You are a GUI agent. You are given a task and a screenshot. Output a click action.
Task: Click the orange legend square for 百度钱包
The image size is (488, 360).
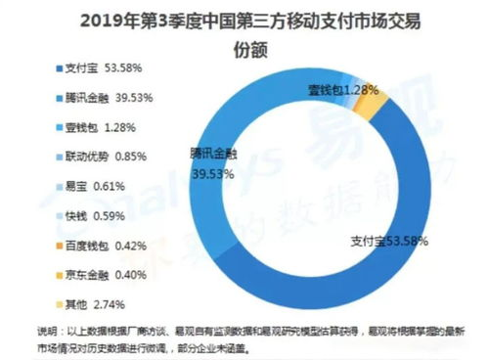26,245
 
